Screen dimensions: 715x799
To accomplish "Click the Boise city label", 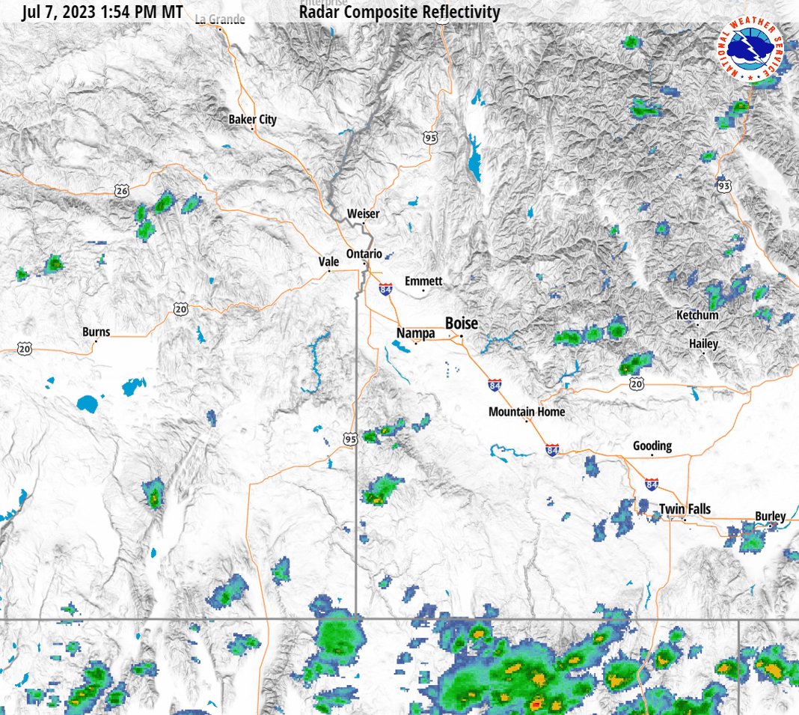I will coord(461,323).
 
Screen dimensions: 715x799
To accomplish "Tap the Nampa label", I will coord(415,332).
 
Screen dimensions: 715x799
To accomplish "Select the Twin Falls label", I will coord(685,510).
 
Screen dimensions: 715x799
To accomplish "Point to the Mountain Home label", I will coord(527,412).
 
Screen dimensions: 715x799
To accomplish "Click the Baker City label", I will coord(252,119).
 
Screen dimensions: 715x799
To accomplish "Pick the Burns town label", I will coord(96,332).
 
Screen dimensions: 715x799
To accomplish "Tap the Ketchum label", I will coord(697,315).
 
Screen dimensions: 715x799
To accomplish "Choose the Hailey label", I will coord(703,344).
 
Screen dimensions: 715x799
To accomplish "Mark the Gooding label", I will coord(652,445).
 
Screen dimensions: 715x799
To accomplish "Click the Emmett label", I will coord(423,281).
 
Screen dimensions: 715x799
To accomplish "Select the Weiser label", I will coord(363,213).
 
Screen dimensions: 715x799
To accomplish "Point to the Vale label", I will coord(329,261).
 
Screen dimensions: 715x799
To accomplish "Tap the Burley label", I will coord(770,516).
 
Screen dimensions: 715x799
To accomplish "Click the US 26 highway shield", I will coord(122,191).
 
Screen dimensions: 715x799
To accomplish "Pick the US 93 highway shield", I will coord(723,185).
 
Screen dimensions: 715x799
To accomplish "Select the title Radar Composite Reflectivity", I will coord(399,12).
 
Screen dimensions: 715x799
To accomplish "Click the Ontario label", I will coord(364,253).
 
